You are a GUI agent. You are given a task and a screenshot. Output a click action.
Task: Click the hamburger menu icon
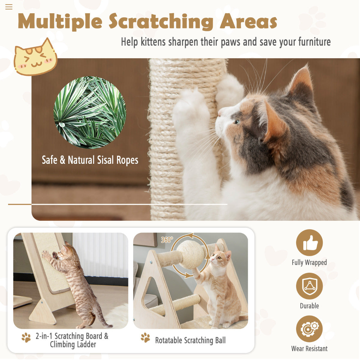click(x=9, y=7)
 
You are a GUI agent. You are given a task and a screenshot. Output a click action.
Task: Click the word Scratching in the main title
click(x=161, y=22)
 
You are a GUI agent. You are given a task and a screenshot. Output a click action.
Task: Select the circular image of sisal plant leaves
click(x=90, y=112)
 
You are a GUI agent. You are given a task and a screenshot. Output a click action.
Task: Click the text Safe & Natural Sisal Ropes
click(x=90, y=160)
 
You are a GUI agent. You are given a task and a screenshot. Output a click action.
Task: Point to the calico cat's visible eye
click(x=237, y=121)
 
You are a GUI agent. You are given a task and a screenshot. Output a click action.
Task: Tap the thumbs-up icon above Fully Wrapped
click(x=309, y=243)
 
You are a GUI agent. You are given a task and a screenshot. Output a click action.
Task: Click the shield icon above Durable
click(x=309, y=286)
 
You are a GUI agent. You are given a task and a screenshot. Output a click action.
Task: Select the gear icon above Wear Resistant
click(x=309, y=329)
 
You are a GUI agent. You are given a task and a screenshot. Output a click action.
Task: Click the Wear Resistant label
click(x=309, y=349)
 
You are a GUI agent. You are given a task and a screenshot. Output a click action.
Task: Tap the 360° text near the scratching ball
click(x=167, y=240)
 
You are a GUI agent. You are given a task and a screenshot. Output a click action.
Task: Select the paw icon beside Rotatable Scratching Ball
click(x=145, y=337)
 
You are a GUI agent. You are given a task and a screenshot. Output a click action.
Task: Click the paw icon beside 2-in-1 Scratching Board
click(x=26, y=337)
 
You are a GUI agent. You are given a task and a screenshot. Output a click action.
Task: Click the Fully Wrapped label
click(x=309, y=262)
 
